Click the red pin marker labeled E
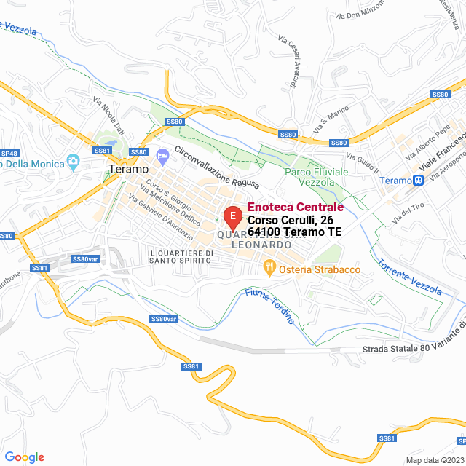(x=232, y=217)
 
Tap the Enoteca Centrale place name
(x=296, y=208)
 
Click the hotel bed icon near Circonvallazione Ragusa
(x=162, y=154)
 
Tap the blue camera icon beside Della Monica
(x=72, y=160)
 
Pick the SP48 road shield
(x=9, y=154)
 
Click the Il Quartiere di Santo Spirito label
(x=180, y=257)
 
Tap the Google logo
(x=23, y=457)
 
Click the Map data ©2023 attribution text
(x=435, y=460)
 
